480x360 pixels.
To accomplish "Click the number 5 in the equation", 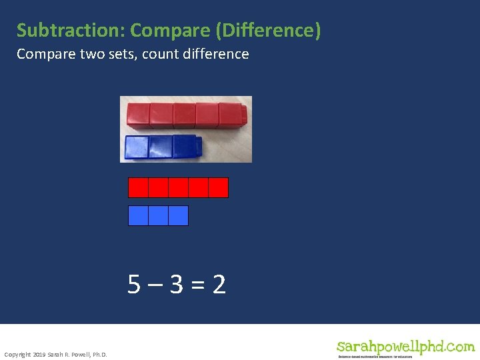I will tap(135, 285).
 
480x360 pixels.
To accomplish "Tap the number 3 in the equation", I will tap(177, 285).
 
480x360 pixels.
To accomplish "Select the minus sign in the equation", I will tap(155, 285).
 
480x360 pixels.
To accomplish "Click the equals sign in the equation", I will tap(198, 285).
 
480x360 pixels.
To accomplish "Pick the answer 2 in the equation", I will tap(219, 285).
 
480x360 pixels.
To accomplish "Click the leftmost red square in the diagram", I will tap(138, 187).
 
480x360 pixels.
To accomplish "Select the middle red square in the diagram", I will tap(178, 187).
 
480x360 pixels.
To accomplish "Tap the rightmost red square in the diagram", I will tap(218, 187).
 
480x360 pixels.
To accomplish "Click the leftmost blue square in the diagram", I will tap(138, 215).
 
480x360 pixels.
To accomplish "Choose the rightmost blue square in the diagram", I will tap(178, 215).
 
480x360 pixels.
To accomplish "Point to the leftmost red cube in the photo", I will tap(138, 115).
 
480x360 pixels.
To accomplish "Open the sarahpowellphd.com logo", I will tap(405, 348).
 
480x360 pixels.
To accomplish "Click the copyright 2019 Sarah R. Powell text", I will tap(55, 354).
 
